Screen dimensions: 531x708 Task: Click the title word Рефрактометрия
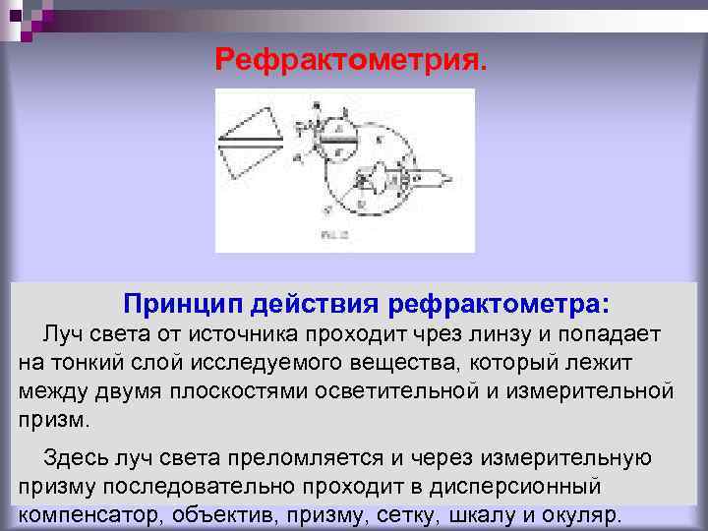point(351,62)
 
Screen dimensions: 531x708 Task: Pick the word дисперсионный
point(532,486)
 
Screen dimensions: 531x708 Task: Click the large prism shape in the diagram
point(250,144)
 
